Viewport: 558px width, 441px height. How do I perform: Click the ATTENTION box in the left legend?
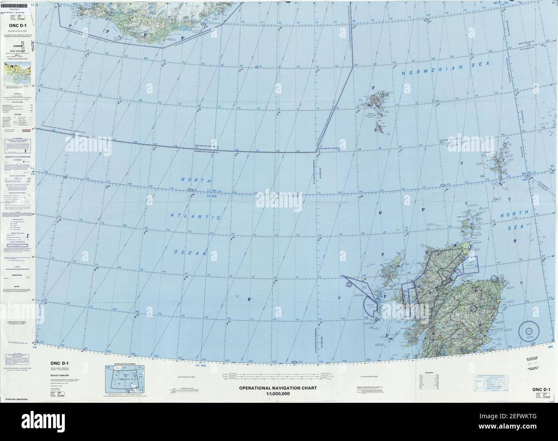(x=18, y=143)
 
